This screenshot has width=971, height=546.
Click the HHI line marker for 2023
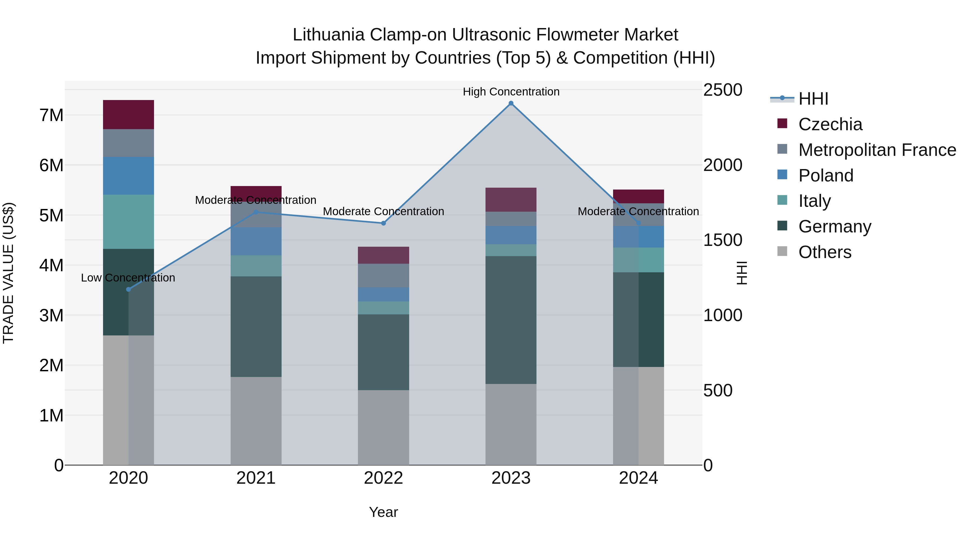511,103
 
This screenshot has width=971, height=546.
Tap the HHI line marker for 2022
383,223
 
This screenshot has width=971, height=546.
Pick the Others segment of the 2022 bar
383,427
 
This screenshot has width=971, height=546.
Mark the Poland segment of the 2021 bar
256,241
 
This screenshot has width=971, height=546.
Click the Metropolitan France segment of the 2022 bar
383,276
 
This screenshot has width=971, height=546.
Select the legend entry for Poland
826,176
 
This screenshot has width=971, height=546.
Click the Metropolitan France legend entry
877,150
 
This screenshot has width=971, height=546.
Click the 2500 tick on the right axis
723,90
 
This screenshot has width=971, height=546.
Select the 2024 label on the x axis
638,478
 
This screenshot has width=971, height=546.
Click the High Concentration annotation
511,92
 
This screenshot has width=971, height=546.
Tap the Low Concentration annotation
128,278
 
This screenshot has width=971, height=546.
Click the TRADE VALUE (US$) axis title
9,273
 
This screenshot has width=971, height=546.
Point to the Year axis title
383,512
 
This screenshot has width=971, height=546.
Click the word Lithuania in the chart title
328,35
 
